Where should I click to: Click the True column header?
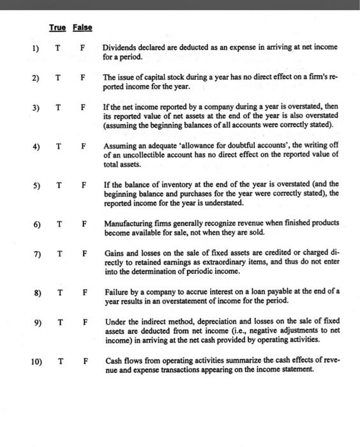click(57, 27)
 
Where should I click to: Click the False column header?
click(82, 27)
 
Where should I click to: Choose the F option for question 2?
click(82, 78)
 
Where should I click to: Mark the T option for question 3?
click(58, 107)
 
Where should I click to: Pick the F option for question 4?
click(82, 146)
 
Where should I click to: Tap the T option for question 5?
click(58, 186)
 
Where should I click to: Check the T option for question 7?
click(58, 254)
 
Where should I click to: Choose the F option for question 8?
click(83, 292)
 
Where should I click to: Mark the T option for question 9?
click(59, 321)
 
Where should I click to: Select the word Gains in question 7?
click(115, 253)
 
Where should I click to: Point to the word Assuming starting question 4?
click(119, 146)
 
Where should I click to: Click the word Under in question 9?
click(114, 321)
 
